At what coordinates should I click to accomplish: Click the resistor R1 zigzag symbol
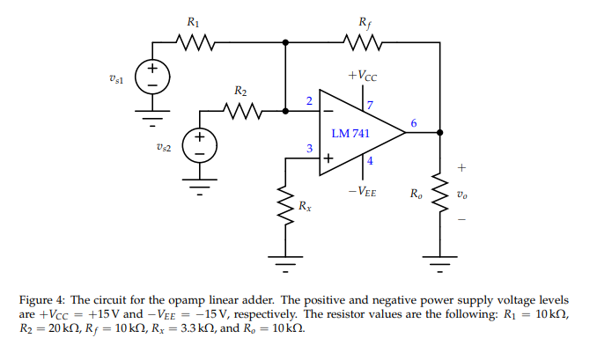coord(191,41)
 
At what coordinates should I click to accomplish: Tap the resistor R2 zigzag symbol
coord(240,112)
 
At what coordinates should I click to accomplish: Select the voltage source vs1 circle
coord(151,77)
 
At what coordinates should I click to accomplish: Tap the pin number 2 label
coord(308,102)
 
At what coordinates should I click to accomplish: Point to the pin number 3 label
coord(308,150)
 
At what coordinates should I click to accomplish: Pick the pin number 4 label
coord(370,161)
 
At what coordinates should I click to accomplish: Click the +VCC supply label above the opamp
coord(363,76)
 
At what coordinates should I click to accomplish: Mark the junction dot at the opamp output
coord(439,133)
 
